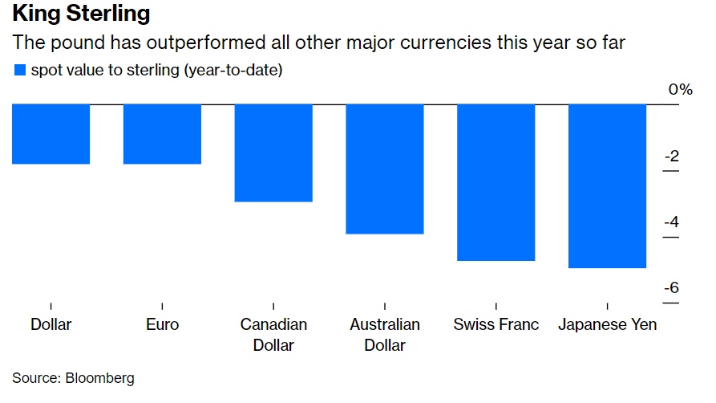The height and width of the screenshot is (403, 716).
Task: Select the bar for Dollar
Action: pyautogui.click(x=51, y=134)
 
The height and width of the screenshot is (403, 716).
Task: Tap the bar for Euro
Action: pyautogui.click(x=162, y=134)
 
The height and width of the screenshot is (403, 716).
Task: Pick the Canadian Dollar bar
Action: pyautogui.click(x=273, y=153)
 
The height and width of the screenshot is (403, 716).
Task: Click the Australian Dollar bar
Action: pyautogui.click(x=385, y=169)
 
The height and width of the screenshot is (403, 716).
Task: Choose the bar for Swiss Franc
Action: pyautogui.click(x=496, y=182)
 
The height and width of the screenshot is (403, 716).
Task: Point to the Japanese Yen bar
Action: pyautogui.click(x=607, y=185)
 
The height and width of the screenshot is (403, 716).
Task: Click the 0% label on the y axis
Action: pyautogui.click(x=680, y=89)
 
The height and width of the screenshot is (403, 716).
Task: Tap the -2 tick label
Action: pyautogui.click(x=672, y=156)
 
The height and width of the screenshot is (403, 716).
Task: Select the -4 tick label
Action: pyautogui.click(x=672, y=222)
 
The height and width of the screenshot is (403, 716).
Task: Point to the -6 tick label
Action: pyautogui.click(x=672, y=287)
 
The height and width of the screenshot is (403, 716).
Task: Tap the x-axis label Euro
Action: pyautogui.click(x=162, y=325)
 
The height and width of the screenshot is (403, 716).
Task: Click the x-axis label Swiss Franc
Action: pyautogui.click(x=496, y=325)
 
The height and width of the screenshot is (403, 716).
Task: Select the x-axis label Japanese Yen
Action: pyautogui.click(x=607, y=325)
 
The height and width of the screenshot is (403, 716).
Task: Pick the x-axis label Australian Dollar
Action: pyautogui.click(x=385, y=335)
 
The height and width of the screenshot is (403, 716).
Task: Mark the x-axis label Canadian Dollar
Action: pyautogui.click(x=273, y=335)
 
